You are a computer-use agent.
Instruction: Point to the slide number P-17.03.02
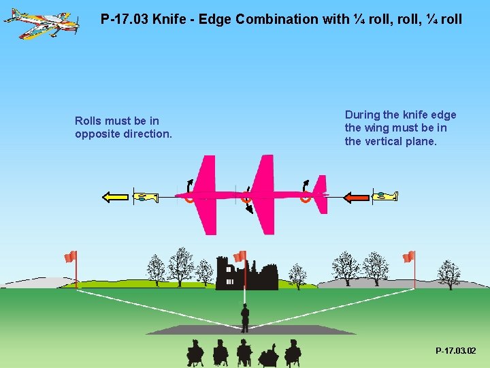pyautogui.click(x=455, y=350)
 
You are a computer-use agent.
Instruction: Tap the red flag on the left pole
pyautogui.click(x=70, y=256)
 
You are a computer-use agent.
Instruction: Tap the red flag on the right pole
pyautogui.click(x=408, y=256)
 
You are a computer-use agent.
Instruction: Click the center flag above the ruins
pyautogui.click(x=240, y=256)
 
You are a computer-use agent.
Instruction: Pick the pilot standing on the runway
pyautogui.click(x=245, y=317)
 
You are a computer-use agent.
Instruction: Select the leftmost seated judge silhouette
pyautogui.click(x=195, y=352)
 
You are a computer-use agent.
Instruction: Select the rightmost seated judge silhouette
pyautogui.click(x=293, y=352)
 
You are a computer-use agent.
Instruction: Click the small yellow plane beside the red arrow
pyautogui.click(x=386, y=196)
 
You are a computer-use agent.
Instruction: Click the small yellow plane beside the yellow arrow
pyautogui.click(x=146, y=197)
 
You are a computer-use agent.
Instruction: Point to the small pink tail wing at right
pyautogui.click(x=321, y=194)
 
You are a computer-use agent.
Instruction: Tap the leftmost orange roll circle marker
pyautogui.click(x=189, y=198)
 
